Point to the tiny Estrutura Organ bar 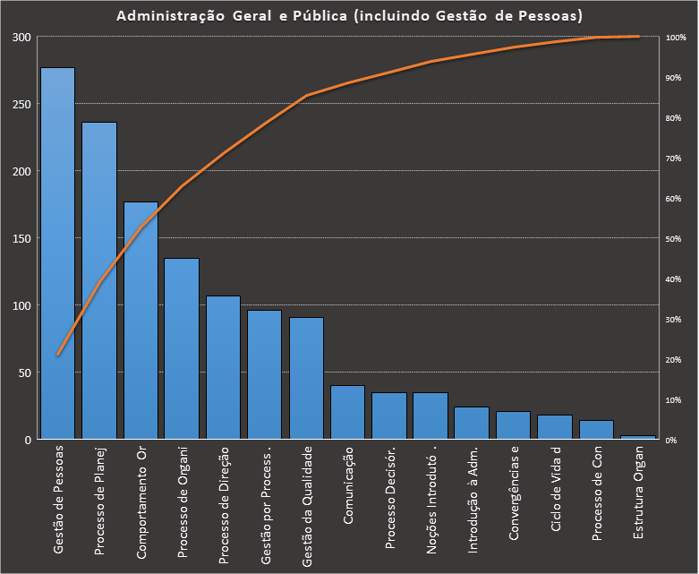638,437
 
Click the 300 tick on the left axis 21,37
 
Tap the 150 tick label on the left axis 21,238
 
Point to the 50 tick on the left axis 24,373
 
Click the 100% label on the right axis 678,38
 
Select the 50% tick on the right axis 676,239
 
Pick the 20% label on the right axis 676,360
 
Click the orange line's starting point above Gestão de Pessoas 58,355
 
